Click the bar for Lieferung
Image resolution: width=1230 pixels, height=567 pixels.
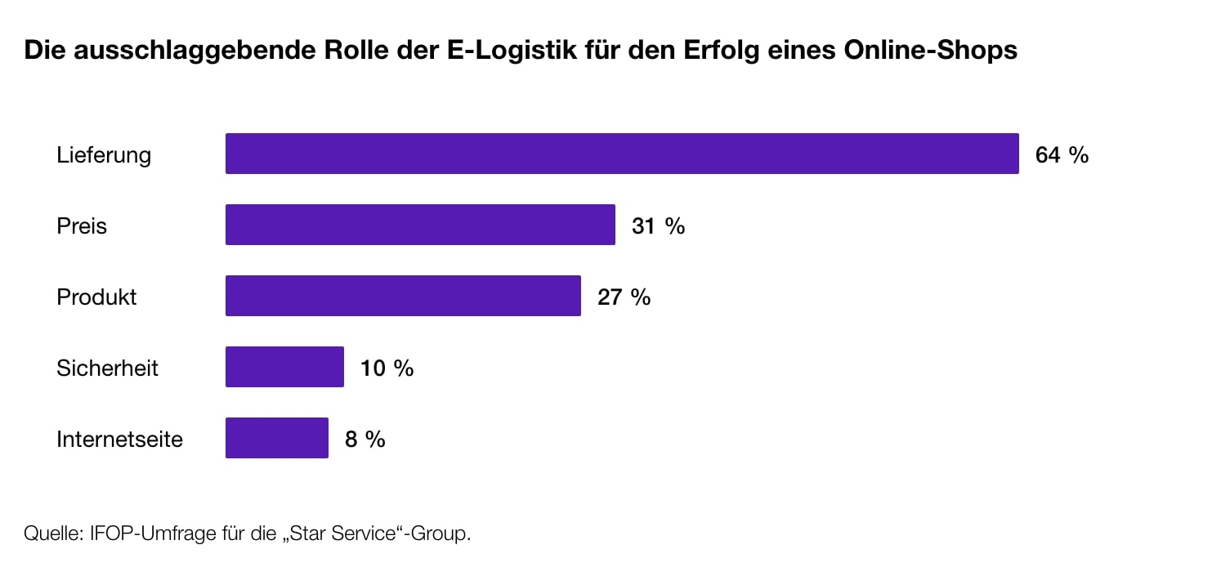[x=622, y=154]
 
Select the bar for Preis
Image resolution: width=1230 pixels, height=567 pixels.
[x=420, y=225]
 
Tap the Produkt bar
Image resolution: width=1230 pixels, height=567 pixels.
[x=403, y=296]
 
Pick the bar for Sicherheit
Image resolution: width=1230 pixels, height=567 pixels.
[x=284, y=367]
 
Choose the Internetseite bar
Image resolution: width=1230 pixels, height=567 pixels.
[x=276, y=438]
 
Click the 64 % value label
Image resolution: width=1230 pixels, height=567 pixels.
[x=1062, y=154]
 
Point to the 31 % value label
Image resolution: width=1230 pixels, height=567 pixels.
[x=658, y=225]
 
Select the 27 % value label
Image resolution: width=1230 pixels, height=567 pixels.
[x=624, y=297]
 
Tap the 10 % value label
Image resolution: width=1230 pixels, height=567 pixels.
[x=387, y=368]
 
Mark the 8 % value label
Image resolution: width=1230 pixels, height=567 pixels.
[x=365, y=439]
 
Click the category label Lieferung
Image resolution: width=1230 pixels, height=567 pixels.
[x=104, y=155]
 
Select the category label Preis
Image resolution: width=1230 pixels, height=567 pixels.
[x=82, y=225]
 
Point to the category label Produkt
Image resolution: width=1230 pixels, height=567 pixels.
[x=96, y=297]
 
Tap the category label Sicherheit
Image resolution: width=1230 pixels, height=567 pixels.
[x=107, y=368]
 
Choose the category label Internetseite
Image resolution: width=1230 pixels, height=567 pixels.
[x=119, y=439]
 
